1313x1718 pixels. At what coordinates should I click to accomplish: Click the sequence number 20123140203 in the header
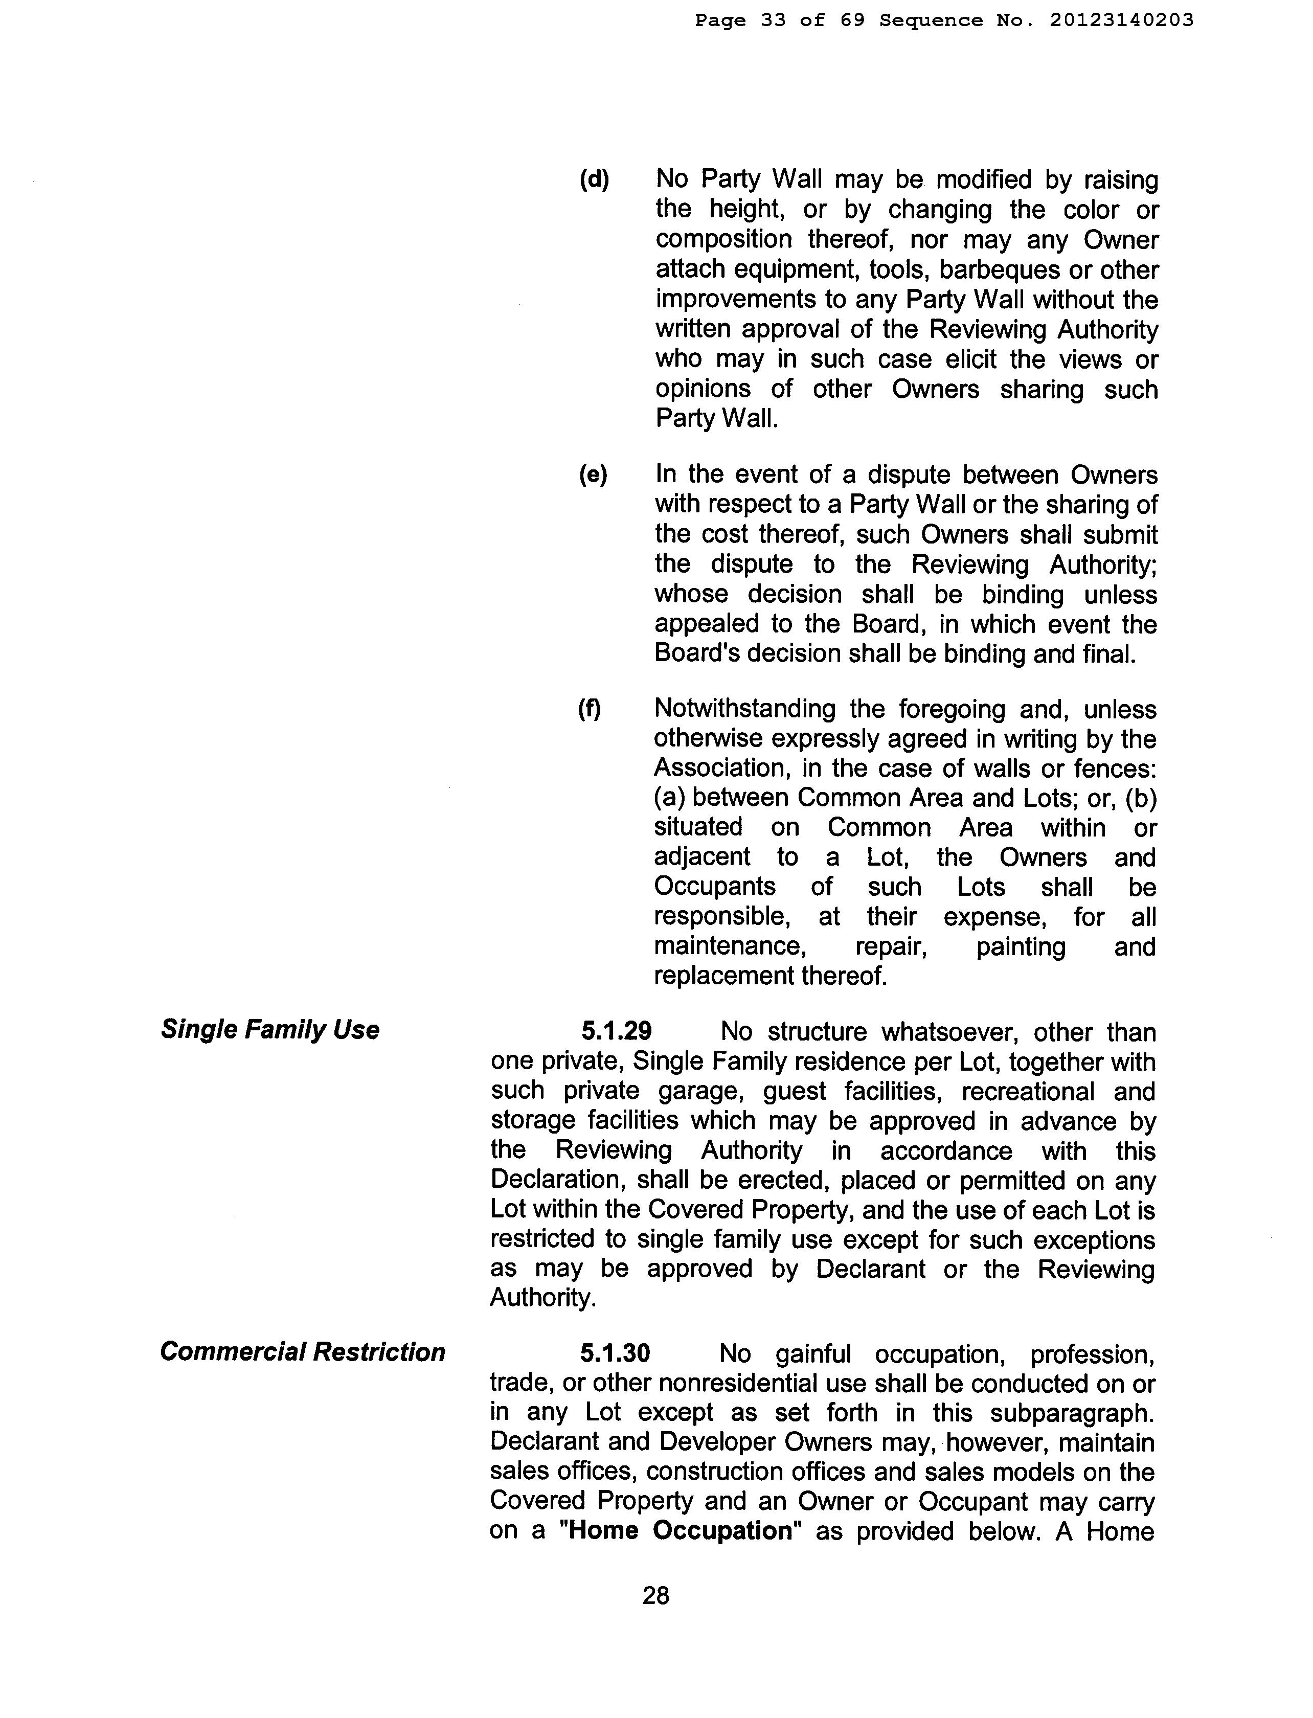(x=1122, y=21)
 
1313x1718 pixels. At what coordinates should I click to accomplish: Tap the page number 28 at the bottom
(x=655, y=1594)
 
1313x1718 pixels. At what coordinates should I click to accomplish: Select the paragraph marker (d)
(x=594, y=180)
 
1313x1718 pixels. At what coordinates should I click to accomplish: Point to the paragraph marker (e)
(x=593, y=474)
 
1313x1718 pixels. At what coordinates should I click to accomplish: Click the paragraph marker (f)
(x=590, y=709)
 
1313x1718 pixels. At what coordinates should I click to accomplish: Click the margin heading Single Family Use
(x=269, y=1029)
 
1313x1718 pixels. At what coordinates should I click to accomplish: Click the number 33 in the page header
(x=773, y=21)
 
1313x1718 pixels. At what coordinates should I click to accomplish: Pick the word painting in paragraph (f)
(x=1021, y=946)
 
